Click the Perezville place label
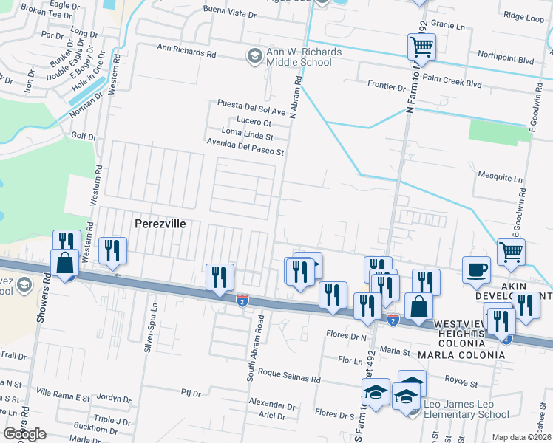click(159, 223)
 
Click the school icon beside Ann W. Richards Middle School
click(254, 56)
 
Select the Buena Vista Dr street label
click(229, 14)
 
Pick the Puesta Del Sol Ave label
click(251, 110)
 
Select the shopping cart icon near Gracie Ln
click(421, 48)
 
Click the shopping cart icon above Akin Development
click(511, 253)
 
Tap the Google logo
click(25, 434)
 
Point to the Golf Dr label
click(84, 137)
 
